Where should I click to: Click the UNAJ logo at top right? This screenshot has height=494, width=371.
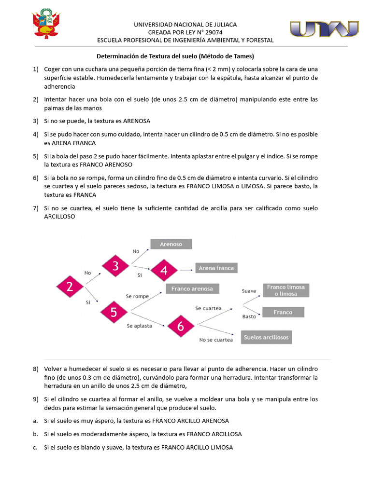pos(324,29)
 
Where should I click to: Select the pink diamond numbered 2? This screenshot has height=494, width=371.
pos(70,287)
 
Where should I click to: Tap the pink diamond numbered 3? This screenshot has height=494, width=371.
pos(115,266)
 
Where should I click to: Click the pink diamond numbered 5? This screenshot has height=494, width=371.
pos(114,312)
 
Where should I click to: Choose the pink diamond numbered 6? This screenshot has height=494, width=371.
pos(180,327)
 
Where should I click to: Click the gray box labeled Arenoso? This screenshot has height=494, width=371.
pos(171,244)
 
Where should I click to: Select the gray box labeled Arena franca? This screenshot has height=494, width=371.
pos(216,268)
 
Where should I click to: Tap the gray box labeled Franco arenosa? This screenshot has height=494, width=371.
pos(192,288)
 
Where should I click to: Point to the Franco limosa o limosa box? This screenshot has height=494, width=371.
pos(285,290)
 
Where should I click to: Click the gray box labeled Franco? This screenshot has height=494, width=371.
pos(283,312)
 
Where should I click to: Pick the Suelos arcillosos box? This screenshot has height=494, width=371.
pos(267,337)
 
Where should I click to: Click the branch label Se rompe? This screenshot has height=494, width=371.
pos(137,296)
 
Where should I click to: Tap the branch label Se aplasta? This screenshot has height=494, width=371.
pos(139,326)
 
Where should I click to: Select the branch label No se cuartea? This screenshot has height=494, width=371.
pos(216,340)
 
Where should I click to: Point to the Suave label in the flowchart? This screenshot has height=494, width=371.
pos(249,291)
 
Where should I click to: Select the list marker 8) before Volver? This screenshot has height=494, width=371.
pos(36,369)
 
